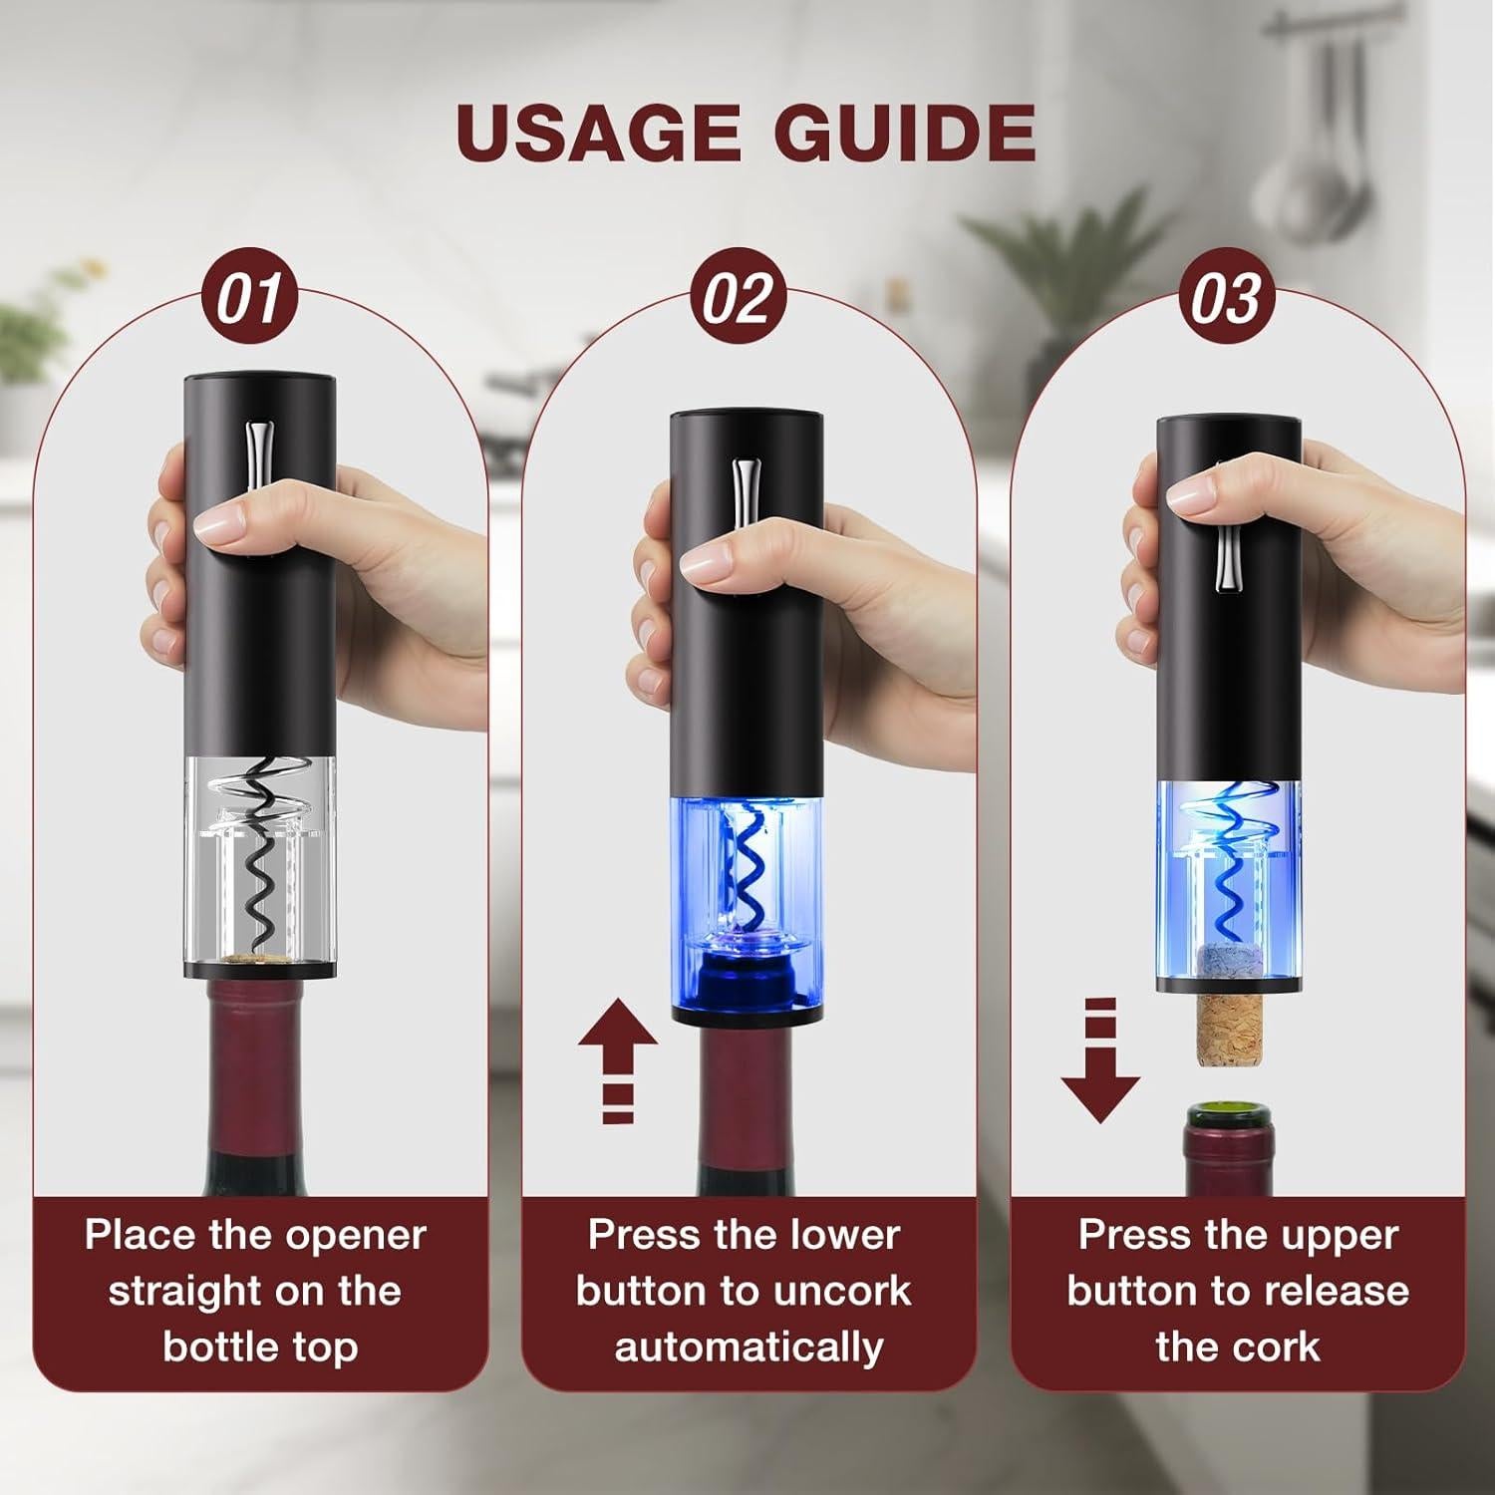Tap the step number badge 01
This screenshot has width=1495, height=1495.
[250, 298]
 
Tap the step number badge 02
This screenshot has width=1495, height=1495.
[738, 298]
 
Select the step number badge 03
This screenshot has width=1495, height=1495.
[1226, 298]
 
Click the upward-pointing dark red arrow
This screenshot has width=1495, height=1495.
[618, 1046]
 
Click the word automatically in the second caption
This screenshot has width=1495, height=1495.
[748, 1347]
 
